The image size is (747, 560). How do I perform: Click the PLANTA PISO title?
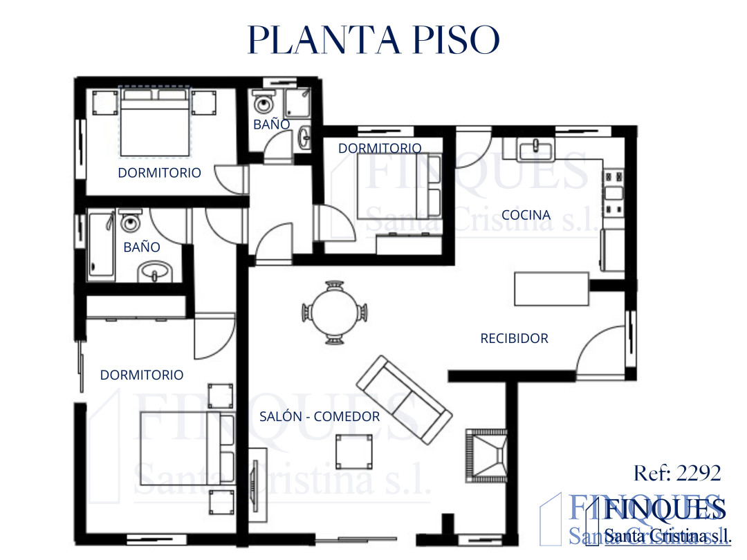click(373, 39)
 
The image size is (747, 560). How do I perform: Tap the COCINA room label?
click(526, 215)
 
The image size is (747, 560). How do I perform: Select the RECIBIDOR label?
click(514, 339)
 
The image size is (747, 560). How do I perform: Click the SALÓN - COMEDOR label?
click(319, 417)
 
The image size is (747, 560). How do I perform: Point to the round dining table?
click(335, 312)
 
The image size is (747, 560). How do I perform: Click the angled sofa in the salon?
click(404, 400)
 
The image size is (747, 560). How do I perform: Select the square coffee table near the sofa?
click(354, 451)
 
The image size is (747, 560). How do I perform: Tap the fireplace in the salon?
click(486, 456)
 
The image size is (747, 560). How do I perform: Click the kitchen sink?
click(536, 149)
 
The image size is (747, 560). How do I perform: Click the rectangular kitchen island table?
click(552, 288)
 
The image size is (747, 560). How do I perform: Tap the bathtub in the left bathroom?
click(102, 246)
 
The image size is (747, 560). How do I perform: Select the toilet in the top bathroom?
click(264, 102)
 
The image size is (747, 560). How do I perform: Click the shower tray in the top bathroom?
click(297, 102)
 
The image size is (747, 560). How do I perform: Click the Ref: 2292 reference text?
click(677, 474)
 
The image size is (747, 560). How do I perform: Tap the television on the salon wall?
click(255, 486)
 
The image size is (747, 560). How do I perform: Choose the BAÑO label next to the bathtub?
click(142, 247)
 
